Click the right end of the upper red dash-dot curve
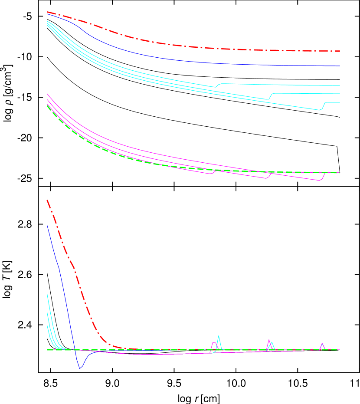[x=339, y=51]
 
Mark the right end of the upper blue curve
[x=339, y=66]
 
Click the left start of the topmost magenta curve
[x=47, y=94]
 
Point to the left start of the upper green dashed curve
[x=47, y=105]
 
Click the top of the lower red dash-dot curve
[x=47, y=200]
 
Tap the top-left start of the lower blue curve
[x=47, y=226]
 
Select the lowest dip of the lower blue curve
[x=80, y=368]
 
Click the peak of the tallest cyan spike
[x=219, y=336]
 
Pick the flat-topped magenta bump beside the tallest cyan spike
[x=214, y=343]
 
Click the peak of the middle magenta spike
[x=269, y=339]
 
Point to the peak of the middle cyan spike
[x=272, y=342]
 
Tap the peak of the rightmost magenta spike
[x=322, y=343]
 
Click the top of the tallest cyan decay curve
[x=47, y=294]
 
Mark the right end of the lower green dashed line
[x=339, y=349]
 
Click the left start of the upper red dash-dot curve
[x=47, y=12]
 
